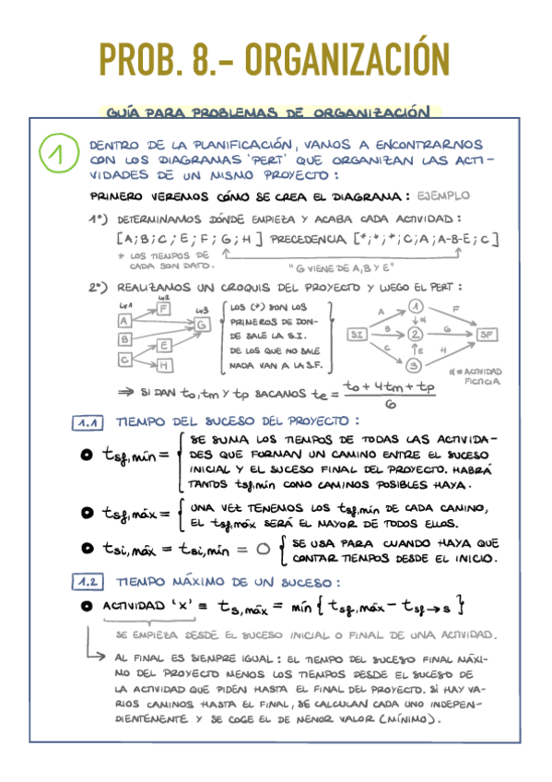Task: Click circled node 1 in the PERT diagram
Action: (416, 307)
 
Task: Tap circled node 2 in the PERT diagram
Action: (416, 334)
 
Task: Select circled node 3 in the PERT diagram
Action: (416, 364)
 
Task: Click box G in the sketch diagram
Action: (202, 324)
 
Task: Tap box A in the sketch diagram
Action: (123, 321)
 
